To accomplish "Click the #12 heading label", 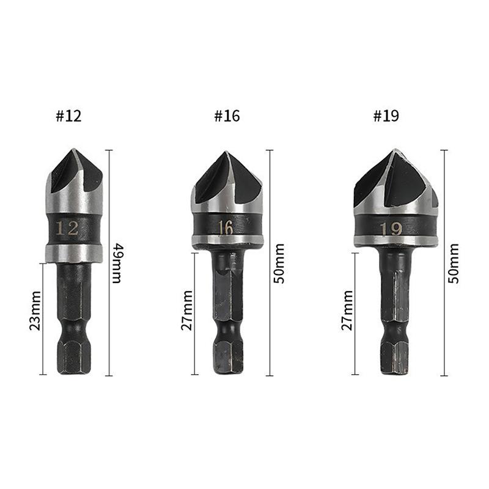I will (68, 116).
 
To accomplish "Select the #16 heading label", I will (227, 116).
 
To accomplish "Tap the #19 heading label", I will (386, 116).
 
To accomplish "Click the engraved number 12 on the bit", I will (67, 229).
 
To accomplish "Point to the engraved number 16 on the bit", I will (226, 228).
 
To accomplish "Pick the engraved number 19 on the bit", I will (391, 229).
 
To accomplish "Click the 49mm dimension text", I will (117, 263).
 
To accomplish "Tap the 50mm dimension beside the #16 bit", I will (279, 263).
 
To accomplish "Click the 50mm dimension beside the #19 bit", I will (453, 263).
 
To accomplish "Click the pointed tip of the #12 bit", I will (73, 150).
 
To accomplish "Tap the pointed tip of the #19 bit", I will (396, 150).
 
